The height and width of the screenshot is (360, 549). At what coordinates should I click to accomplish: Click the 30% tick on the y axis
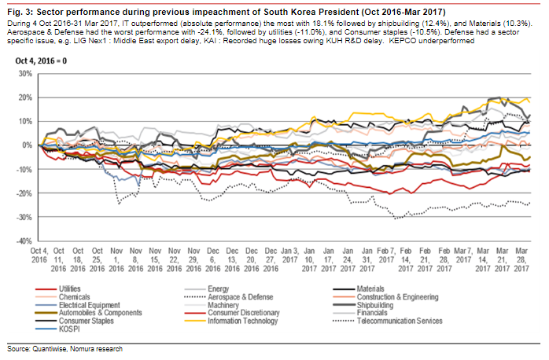pyautogui.click(x=24, y=73)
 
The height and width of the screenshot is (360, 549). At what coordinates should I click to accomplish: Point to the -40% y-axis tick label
pyautogui.click(x=22, y=241)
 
